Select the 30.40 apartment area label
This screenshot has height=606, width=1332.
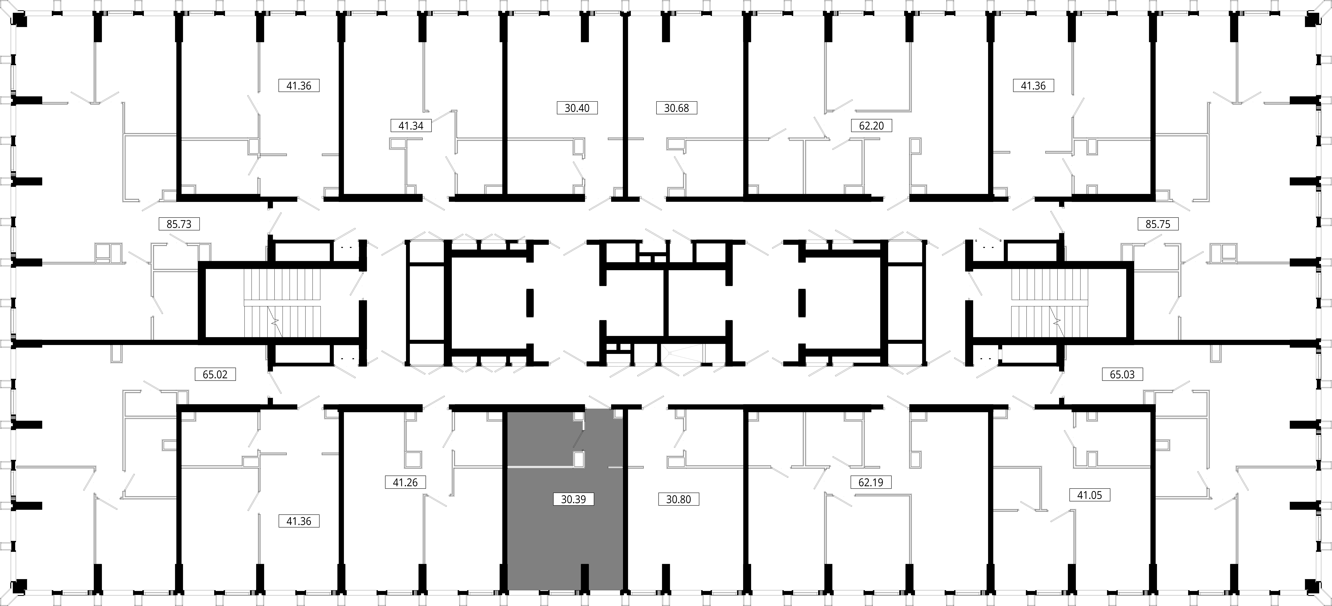click(577, 108)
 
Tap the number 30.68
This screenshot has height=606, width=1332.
click(676, 108)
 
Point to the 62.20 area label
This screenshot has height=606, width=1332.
click(871, 126)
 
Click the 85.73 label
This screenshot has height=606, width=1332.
click(179, 224)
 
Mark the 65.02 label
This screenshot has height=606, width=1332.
click(215, 374)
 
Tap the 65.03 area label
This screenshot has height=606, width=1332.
click(1122, 374)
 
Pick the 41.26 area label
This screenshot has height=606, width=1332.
click(405, 482)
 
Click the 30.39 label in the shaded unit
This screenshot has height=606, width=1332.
click(573, 499)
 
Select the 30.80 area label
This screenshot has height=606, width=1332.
click(678, 499)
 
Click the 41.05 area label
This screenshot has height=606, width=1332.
click(1089, 495)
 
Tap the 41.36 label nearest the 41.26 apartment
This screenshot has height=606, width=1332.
click(299, 521)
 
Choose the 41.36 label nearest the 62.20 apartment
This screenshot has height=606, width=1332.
click(1033, 86)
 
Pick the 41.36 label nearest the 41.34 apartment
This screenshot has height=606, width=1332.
click(299, 86)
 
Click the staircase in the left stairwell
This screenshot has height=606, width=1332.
click(282, 303)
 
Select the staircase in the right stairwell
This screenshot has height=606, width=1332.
click(1050, 303)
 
